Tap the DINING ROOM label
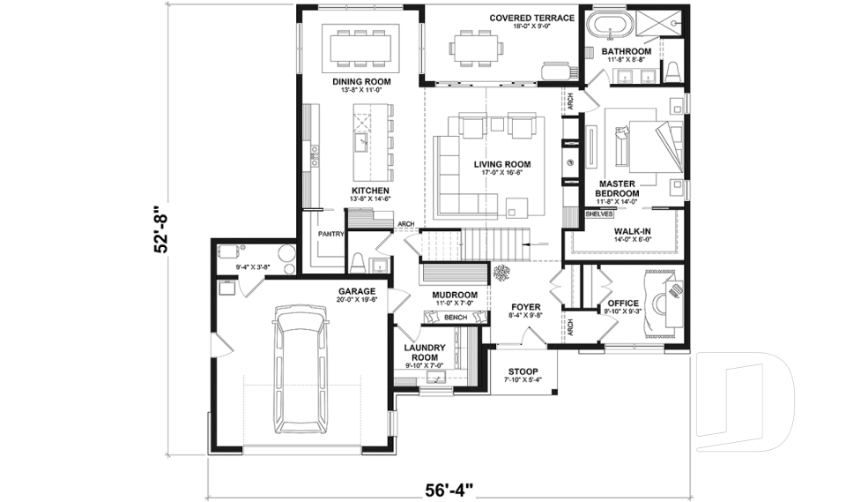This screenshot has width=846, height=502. point(360,82)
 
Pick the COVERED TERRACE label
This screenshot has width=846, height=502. point(531,18)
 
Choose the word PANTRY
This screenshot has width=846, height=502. point(330,234)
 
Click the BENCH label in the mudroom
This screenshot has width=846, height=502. point(455,317)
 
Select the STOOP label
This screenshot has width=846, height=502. point(521,371)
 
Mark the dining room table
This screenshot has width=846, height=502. point(360,46)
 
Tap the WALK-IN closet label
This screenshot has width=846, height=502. point(633,232)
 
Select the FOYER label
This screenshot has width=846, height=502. point(525,308)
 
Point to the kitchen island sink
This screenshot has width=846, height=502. point(361,142)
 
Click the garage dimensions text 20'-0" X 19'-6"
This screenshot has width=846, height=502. point(356,300)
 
